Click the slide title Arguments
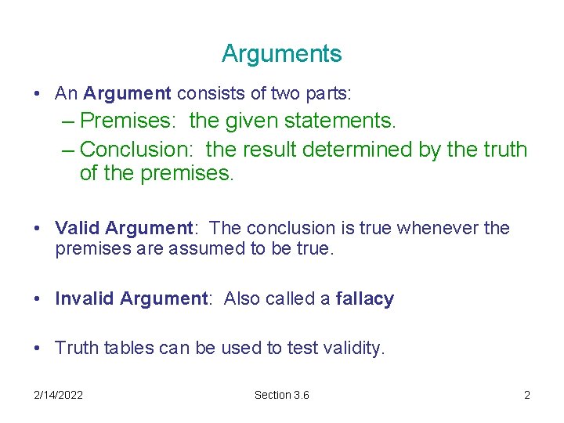pyautogui.click(x=281, y=54)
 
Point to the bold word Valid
pyautogui.click(x=77, y=228)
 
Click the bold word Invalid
pyautogui.click(x=85, y=298)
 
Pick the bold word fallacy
pyautogui.click(x=364, y=298)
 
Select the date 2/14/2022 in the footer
pyautogui.click(x=59, y=395)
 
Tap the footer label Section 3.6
pyautogui.click(x=281, y=395)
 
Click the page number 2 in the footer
pyautogui.click(x=527, y=395)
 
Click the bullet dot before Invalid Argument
pyautogui.click(x=38, y=298)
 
